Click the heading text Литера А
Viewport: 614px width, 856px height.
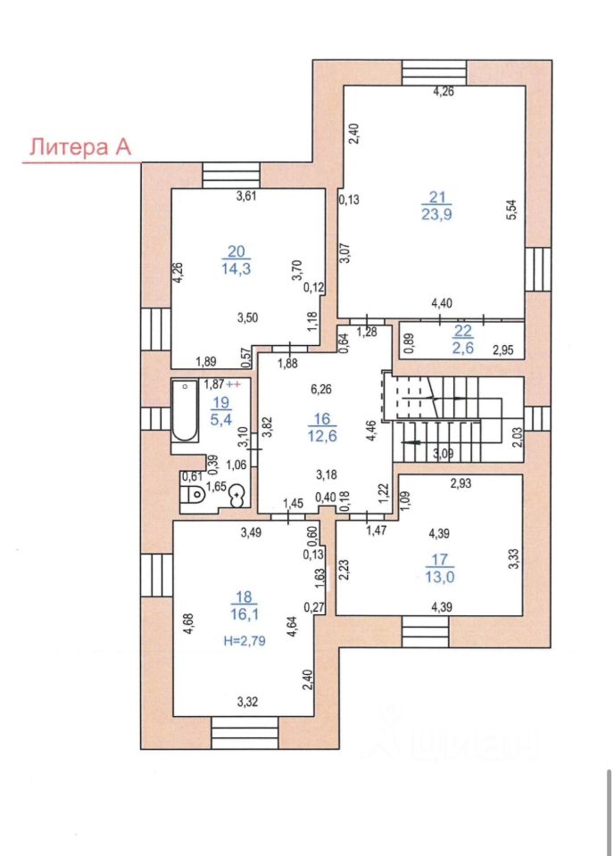click(x=81, y=148)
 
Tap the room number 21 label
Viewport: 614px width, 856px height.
click(x=436, y=197)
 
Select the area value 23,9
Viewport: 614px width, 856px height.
click(x=436, y=214)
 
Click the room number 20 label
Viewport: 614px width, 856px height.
click(x=235, y=251)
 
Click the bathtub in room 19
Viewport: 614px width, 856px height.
click(x=185, y=410)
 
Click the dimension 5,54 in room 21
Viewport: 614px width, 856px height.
click(x=511, y=210)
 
